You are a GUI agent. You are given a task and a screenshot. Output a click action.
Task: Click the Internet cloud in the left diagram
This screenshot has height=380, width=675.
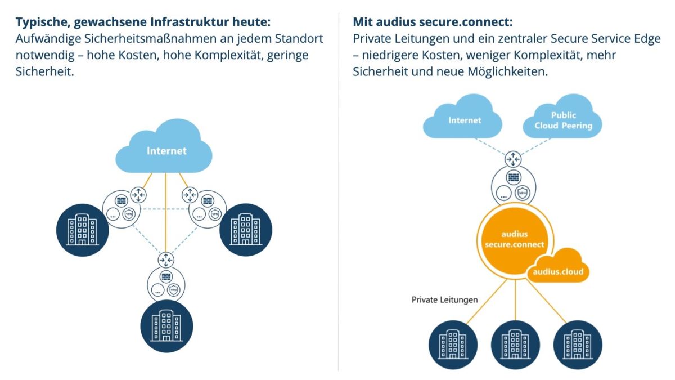(x=166, y=150)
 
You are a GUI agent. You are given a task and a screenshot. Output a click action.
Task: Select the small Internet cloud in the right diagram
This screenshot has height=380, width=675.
(x=465, y=120)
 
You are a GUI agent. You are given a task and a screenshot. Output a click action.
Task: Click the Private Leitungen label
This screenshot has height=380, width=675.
(x=444, y=299)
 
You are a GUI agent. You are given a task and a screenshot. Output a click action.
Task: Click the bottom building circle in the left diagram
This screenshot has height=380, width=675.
(x=166, y=326)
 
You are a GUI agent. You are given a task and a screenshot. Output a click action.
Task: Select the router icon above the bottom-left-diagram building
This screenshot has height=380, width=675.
(x=166, y=260)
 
